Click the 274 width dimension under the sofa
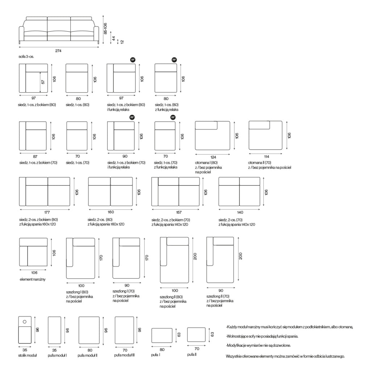(58, 51)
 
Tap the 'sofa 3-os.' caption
(26, 57)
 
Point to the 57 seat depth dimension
(43, 82)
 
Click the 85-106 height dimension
(105, 28)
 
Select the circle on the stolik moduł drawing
(25, 322)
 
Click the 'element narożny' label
(32, 279)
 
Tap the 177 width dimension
(47, 212)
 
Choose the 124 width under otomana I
(213, 157)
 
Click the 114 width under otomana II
(266, 157)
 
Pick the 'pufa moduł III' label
(124, 355)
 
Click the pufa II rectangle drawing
(196, 334)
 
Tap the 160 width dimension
(111, 212)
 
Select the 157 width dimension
(179, 212)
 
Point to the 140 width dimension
(240, 212)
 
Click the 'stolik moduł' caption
(28, 355)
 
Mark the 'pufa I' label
(155, 355)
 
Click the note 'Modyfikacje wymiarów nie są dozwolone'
(258, 345)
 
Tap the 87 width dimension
(35, 157)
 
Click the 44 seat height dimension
(113, 38)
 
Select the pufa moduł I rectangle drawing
(54, 330)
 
